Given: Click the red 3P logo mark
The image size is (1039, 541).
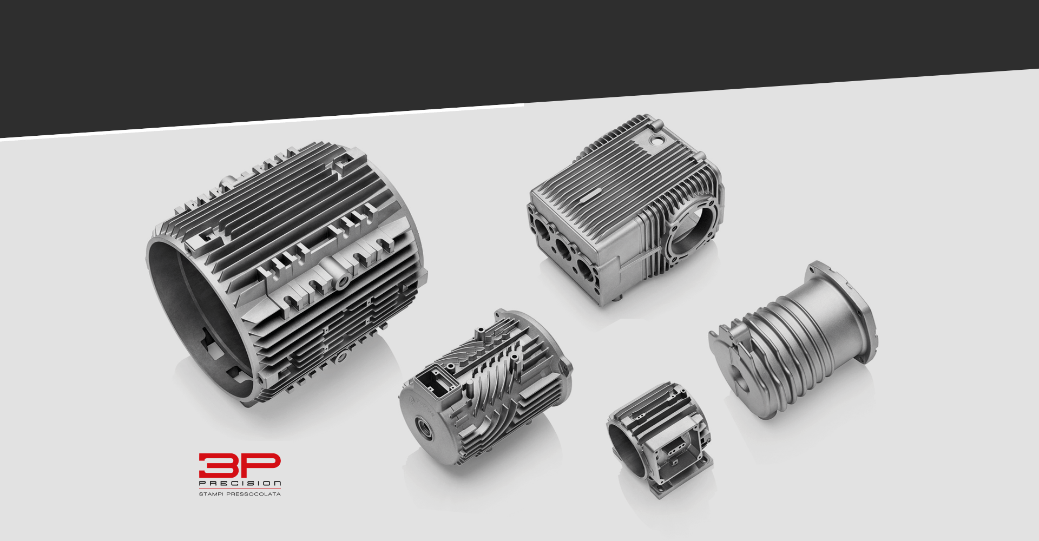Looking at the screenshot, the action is [x=240, y=466].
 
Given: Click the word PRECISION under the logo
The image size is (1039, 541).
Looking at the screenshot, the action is [x=240, y=484].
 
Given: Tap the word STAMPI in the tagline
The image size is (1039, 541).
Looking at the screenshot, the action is [x=211, y=494].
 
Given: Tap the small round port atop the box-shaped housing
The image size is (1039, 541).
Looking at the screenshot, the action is [x=656, y=140].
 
